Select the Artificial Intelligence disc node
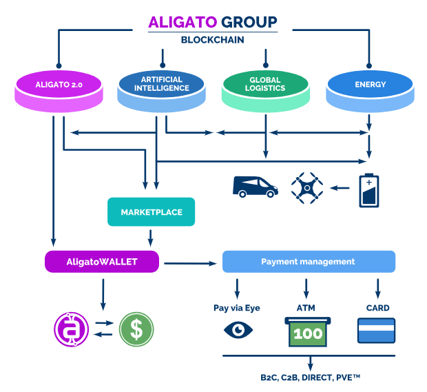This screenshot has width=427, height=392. [162, 90]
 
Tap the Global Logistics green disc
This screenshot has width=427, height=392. [265, 90]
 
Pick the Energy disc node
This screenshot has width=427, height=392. [370, 90]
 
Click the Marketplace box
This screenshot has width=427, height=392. [150, 212]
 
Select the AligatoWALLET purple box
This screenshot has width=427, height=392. [102, 262]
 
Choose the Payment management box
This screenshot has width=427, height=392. [308, 262]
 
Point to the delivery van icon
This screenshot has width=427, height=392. [256, 187]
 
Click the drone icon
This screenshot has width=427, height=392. [307, 186]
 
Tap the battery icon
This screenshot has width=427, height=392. [368, 189]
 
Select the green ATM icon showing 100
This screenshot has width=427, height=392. [308, 331]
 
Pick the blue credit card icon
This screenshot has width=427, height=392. [376, 330]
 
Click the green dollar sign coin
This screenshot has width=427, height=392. [136, 329]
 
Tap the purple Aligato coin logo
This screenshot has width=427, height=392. [72, 329]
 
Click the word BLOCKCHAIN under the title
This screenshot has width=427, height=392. [213, 39]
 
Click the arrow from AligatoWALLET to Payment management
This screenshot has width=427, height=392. [190, 262]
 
